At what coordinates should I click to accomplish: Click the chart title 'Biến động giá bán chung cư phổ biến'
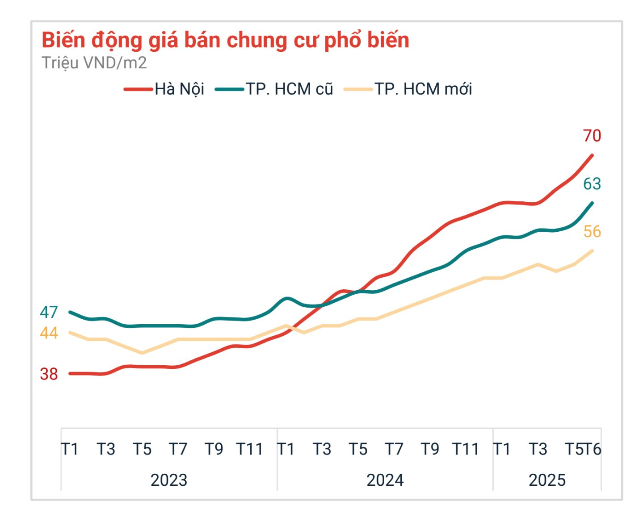pos(225,40)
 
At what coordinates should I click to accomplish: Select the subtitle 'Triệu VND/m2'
pos(94,63)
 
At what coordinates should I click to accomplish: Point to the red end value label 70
pos(592,136)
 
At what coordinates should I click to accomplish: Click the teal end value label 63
pos(592,184)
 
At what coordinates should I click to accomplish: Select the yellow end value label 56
pos(592,232)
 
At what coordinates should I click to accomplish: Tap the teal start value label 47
pos(49,313)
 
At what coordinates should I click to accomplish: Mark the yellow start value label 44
pos(49,333)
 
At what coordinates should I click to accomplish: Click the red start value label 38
pos(49,374)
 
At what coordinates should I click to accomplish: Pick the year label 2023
pos(168,480)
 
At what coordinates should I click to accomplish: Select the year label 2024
pos(385,480)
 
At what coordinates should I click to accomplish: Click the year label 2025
pos(547,480)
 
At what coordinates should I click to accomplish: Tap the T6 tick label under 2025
pos(593,449)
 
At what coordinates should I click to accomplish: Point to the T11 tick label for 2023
pos(250,449)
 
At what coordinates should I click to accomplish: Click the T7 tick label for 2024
pos(394,449)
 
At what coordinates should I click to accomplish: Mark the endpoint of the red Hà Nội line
pos(592,155)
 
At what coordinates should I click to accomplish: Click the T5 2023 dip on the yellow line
pos(142,353)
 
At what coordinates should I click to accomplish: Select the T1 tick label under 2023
pos(70,449)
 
